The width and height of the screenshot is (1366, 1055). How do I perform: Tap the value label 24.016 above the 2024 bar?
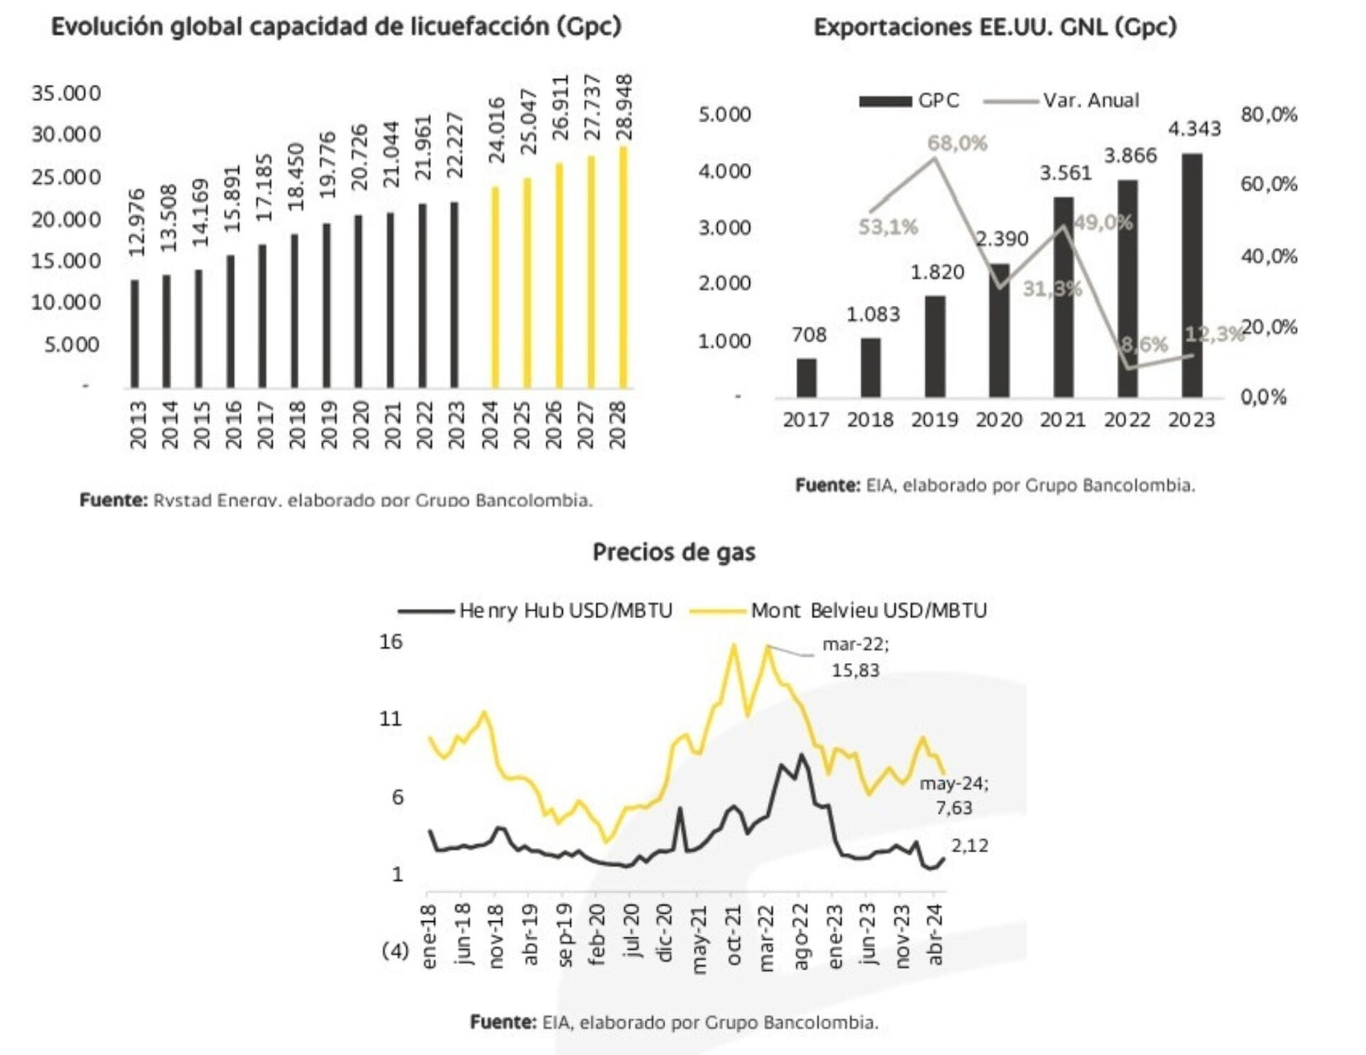pos(497,131)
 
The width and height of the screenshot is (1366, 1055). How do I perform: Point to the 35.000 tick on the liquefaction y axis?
pos(66,93)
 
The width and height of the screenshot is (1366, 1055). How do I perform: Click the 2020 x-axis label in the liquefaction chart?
pos(361,425)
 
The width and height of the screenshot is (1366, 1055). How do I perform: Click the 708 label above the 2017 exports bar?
pos(809,334)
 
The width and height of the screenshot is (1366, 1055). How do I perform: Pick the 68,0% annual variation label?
pos(957,144)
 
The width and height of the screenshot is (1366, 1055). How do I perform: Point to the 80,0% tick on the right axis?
pos(1269,115)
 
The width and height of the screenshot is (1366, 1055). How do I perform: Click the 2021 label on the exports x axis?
pos(1062,420)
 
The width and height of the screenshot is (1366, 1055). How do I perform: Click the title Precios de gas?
pos(674,552)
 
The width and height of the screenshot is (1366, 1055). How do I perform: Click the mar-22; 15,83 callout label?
pos(855,657)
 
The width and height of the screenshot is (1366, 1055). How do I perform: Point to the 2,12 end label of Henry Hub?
pos(970,845)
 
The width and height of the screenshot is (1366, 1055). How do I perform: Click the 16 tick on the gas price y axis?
pos(391,642)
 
